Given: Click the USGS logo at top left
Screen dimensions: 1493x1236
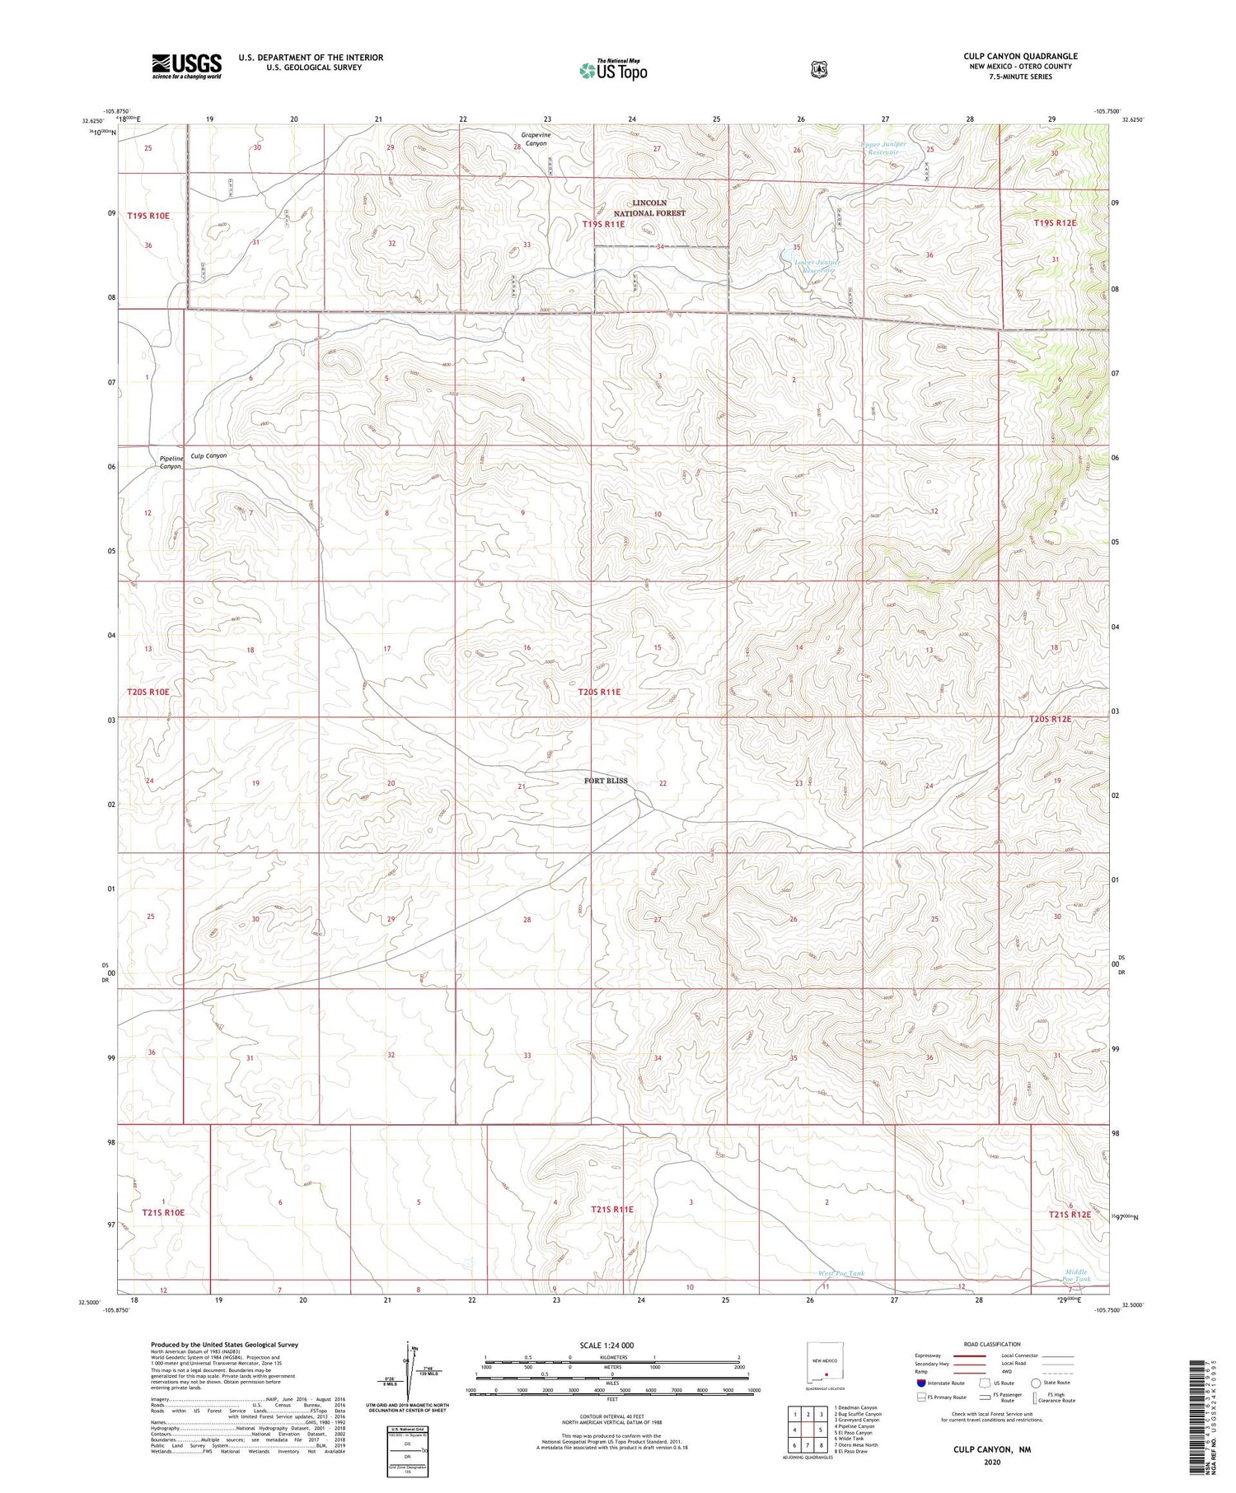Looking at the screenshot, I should [186, 66].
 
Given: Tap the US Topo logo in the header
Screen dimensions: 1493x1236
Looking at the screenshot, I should [613, 70].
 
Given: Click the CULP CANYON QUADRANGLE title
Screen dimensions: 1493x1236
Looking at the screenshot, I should [1020, 56].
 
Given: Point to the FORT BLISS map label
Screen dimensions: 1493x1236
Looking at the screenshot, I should [606, 781].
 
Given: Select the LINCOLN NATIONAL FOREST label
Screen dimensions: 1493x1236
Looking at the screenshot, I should [649, 208].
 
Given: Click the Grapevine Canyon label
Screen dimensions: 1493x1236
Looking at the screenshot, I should [535, 138].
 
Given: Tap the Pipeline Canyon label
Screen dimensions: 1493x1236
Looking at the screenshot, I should [171, 462].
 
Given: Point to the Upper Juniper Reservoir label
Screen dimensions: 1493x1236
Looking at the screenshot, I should [883, 148].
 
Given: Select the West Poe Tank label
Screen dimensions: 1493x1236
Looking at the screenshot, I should [841, 1273].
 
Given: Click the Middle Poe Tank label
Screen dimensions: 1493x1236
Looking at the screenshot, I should [1076, 1276].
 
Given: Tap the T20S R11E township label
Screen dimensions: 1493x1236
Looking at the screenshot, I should [599, 693].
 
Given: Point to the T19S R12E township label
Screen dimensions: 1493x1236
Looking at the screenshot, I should [1055, 223].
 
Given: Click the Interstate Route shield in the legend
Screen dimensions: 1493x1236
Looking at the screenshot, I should [920, 1383].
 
